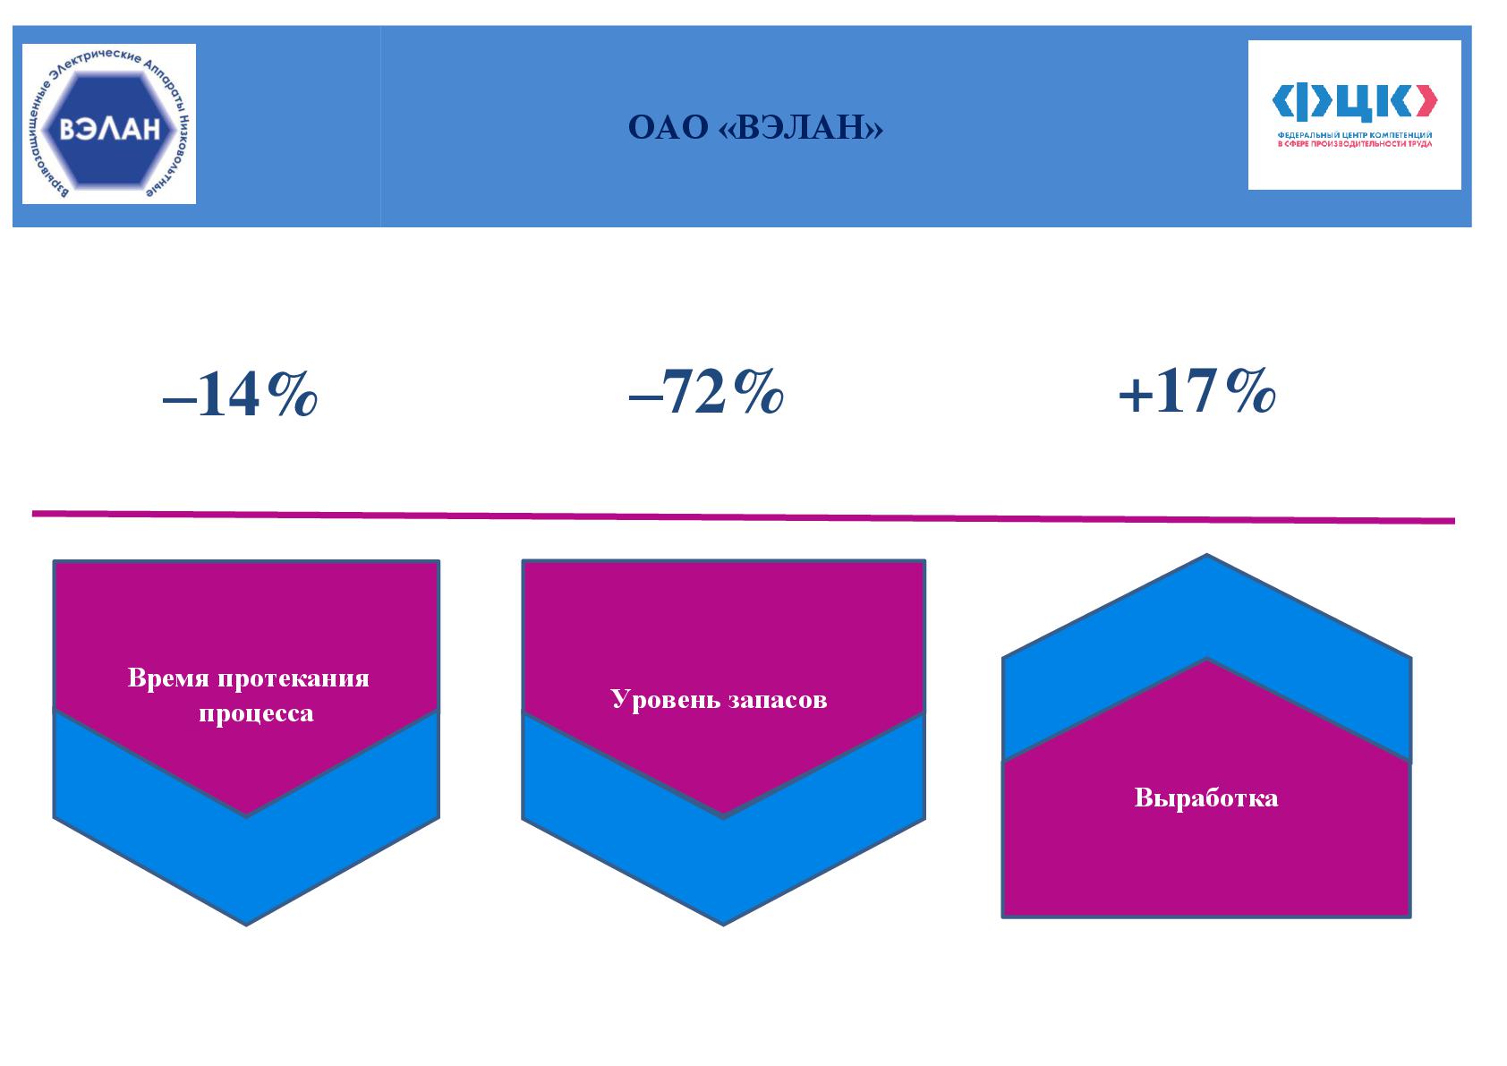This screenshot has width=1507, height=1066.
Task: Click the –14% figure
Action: pyautogui.click(x=240, y=395)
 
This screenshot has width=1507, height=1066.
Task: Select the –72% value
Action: pyautogui.click(x=706, y=391)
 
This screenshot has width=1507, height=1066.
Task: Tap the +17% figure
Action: pyautogui.click(x=1197, y=391)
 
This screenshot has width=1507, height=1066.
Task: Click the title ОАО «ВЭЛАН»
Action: pyautogui.click(x=755, y=127)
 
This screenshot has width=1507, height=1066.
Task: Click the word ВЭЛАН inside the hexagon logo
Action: pyautogui.click(x=110, y=128)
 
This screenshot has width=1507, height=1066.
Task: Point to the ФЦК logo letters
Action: pyautogui.click(x=1354, y=102)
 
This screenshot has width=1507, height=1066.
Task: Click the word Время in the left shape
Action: pyautogui.click(x=168, y=678)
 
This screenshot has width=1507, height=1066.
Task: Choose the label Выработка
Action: pyautogui.click(x=1206, y=798)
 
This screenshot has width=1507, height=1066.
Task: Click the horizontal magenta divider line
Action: pyautogui.click(x=744, y=516)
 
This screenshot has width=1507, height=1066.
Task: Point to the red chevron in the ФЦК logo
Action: pyautogui.click(x=1426, y=102)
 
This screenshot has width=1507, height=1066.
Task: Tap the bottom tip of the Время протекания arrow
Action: pyautogui.click(x=246, y=925)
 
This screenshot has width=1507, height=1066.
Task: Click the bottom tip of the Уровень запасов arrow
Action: pyautogui.click(x=724, y=925)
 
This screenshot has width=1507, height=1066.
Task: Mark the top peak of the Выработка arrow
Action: pyautogui.click(x=1207, y=555)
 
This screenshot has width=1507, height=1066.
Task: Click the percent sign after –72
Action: pyautogui.click(x=758, y=390)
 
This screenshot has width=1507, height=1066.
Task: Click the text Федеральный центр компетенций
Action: pyautogui.click(x=1355, y=135)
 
